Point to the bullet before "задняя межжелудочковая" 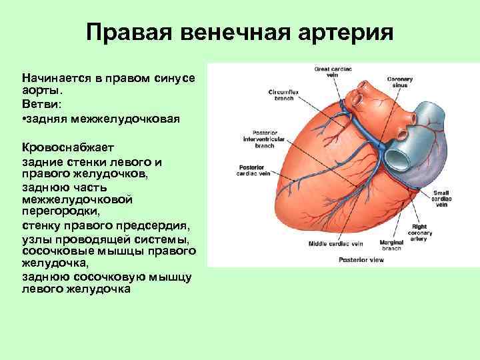[x=24, y=118]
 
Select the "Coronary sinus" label [x=400, y=82]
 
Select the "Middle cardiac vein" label [x=334, y=245]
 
